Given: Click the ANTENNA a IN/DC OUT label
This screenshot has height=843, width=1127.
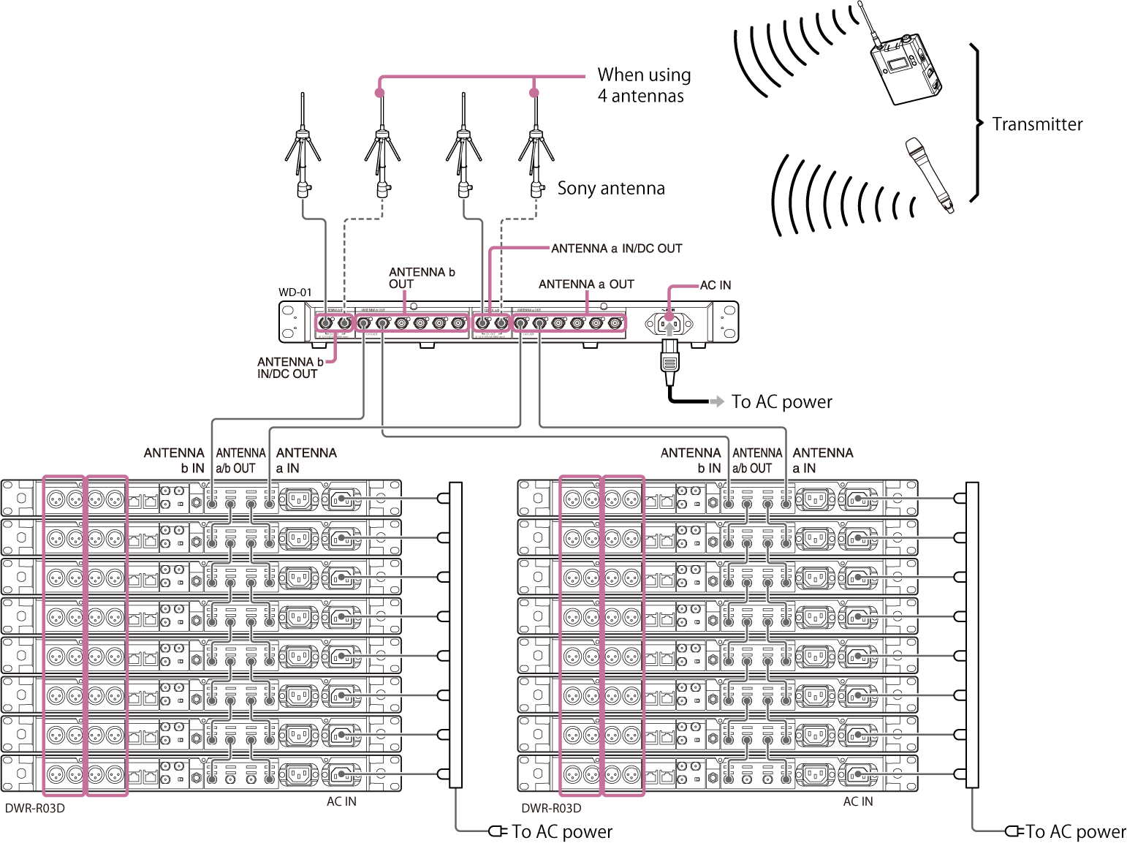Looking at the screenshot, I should (x=616, y=249).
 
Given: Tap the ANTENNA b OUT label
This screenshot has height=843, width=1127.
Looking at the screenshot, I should (x=421, y=278).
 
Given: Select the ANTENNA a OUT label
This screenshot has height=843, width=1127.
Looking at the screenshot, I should (x=585, y=284).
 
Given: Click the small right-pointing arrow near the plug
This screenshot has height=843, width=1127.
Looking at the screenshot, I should (x=717, y=401).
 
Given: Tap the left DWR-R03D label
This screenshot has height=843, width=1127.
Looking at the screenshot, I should (x=35, y=809).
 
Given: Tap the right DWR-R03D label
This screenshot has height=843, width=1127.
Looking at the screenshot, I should (x=551, y=809).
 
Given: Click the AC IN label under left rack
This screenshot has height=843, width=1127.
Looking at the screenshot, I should (x=341, y=801).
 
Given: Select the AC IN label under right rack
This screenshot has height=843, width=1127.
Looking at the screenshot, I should (x=857, y=801).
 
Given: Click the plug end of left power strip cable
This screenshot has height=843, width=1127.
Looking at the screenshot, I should (x=495, y=831).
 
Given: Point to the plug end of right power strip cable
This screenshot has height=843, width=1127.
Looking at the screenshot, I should (x=1012, y=831).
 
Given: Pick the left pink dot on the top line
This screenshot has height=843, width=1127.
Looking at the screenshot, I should (x=379, y=93).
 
